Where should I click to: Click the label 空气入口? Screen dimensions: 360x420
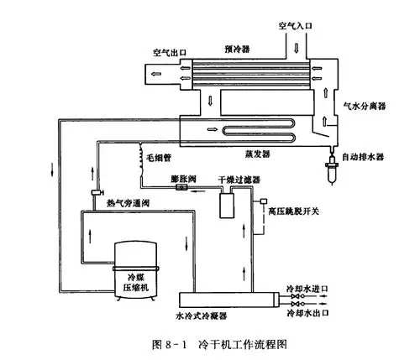[294, 27]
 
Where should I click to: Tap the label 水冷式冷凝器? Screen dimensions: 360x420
[203, 314]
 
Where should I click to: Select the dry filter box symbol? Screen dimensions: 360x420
[224, 204]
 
